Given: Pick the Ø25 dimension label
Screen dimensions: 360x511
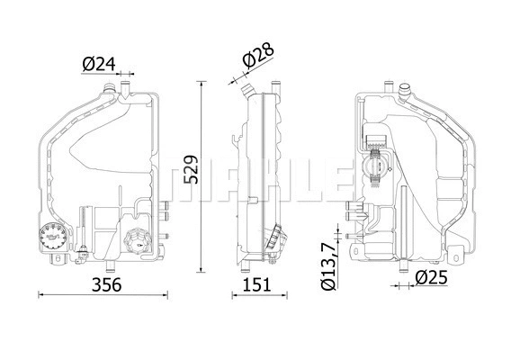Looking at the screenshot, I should click(x=434, y=279).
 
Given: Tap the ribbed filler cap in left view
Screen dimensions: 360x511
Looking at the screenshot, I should click(x=139, y=241).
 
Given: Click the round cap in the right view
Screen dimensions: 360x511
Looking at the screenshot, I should click(x=372, y=167).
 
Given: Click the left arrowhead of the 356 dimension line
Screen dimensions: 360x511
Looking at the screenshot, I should click(x=40, y=294).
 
